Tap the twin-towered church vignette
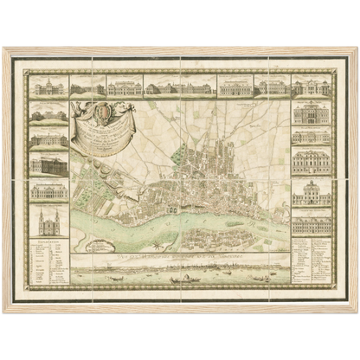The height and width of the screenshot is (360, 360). pyautogui.click(x=49, y=222)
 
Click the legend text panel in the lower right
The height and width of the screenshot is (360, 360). pyautogui.click(x=312, y=260)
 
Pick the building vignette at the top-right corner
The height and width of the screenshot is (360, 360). pyautogui.click(x=311, y=87)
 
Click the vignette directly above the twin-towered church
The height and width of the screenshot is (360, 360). pyautogui.click(x=49, y=190)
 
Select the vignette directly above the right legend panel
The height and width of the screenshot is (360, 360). pyautogui.click(x=312, y=224)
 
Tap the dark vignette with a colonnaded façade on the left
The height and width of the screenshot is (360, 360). pyautogui.click(x=49, y=164)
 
